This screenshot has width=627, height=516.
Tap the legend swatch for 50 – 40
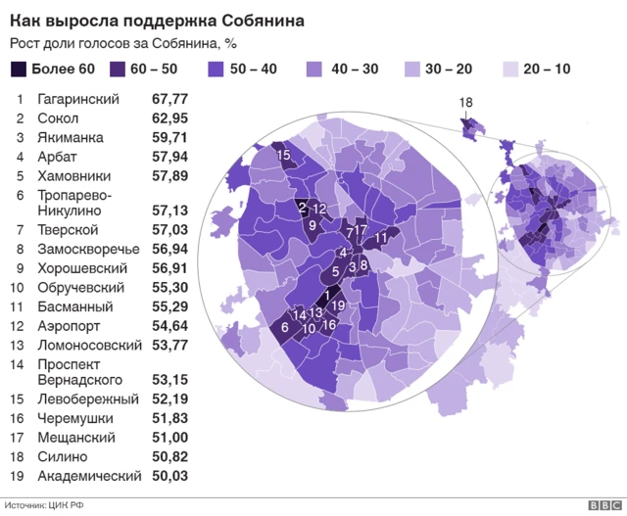click(x=218, y=70)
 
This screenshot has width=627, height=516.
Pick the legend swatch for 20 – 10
click(x=509, y=70)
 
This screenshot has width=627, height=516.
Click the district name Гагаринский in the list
click(x=77, y=100)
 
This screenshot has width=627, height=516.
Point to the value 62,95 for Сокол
click(x=169, y=118)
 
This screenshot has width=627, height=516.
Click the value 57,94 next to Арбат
click(x=169, y=157)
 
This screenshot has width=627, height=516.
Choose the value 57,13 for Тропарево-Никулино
click(x=169, y=211)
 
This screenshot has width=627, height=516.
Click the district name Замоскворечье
click(x=88, y=249)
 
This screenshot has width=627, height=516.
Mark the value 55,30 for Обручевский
click(x=169, y=288)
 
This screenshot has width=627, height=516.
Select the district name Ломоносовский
click(x=87, y=345)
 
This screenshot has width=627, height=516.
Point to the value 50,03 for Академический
click(x=169, y=476)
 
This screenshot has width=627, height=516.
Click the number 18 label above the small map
click(x=465, y=103)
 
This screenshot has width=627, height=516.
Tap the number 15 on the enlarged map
click(x=283, y=155)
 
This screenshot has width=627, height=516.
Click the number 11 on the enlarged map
click(x=381, y=238)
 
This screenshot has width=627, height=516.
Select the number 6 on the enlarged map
click(x=284, y=328)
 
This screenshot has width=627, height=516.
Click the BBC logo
click(x=601, y=505)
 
